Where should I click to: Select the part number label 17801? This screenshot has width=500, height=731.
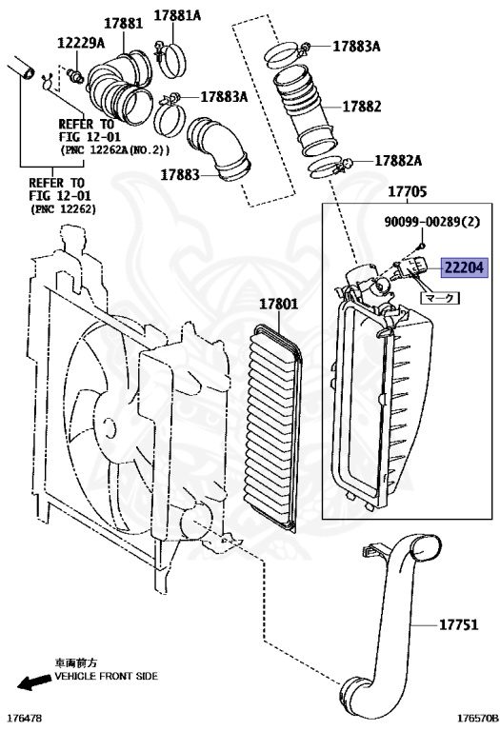[x=278, y=306]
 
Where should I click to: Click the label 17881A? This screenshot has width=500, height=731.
[x=178, y=15]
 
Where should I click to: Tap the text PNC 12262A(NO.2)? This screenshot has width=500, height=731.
[x=114, y=150]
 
